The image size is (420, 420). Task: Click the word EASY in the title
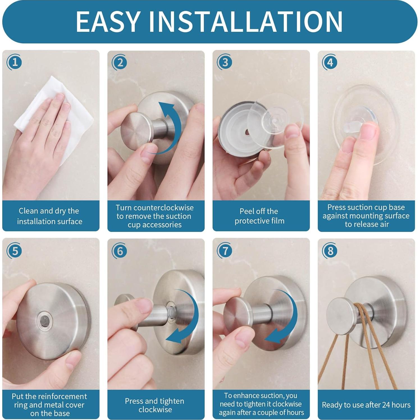[x=108, y=21]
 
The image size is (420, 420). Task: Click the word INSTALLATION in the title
[x=246, y=21]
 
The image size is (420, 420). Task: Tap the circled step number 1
[x=14, y=62]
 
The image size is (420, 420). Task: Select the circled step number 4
[x=330, y=62]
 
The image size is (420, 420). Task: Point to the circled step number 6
[x=120, y=251]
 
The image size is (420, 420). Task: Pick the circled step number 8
[x=330, y=251]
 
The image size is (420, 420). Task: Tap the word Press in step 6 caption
[x=134, y=401]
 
